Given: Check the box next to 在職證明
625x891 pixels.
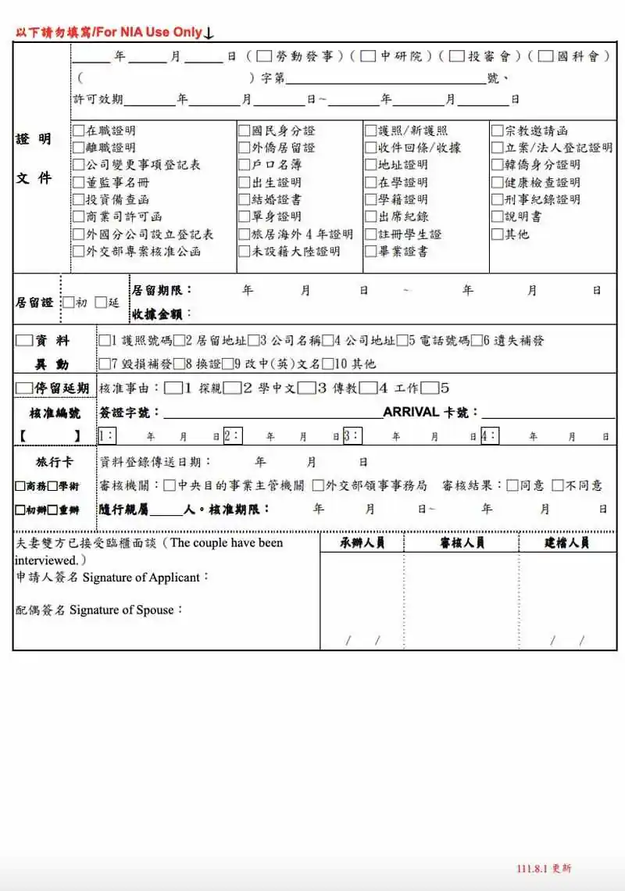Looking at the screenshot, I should click(78, 131).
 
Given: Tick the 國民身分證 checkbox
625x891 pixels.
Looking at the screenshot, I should click(245, 131).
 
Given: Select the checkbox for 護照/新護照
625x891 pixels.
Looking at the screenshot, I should click(371, 131).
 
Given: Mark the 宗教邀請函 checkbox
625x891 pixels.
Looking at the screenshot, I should click(497, 131).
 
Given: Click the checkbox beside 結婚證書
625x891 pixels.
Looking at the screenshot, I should click(245, 199).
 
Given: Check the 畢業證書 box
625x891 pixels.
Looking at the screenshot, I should click(371, 251).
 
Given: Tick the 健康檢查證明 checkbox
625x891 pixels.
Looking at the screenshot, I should click(497, 182).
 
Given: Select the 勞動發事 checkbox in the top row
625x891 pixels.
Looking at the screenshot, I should click(263, 56).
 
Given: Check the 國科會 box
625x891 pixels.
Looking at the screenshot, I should click(545, 56).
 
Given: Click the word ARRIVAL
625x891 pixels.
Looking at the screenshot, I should click(410, 412).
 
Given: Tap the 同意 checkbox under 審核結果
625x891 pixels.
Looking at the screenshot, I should click(512, 485).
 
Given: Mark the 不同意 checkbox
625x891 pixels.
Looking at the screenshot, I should click(557, 485).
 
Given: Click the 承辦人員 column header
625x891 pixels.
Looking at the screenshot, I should click(362, 542).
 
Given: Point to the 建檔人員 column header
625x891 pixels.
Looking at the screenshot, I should click(566, 542).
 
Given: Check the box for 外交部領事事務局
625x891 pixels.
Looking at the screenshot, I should click(318, 485).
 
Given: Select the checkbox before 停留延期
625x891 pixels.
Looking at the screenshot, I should click(23, 388).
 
